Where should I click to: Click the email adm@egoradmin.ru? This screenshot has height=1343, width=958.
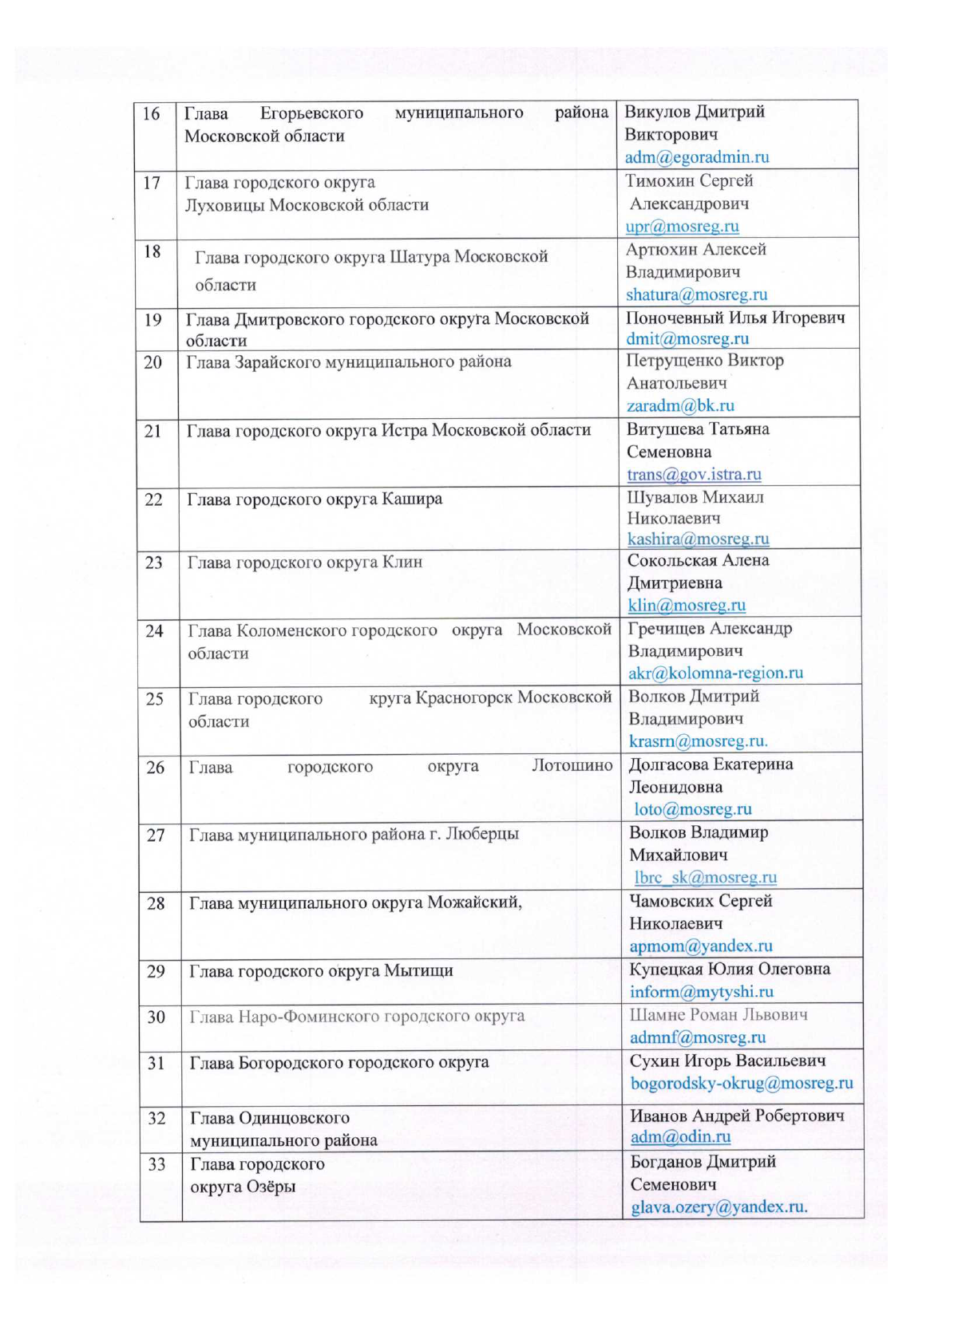pos(697,157)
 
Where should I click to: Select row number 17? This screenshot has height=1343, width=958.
pos(152,183)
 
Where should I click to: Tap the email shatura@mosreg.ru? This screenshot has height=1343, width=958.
pos(696,294)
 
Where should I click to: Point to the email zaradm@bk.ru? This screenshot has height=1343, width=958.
pos(680,405)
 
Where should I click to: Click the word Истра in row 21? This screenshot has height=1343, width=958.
pos(404,430)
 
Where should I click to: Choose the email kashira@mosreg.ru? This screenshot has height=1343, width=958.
pos(698,539)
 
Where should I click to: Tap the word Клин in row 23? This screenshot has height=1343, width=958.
pos(402,562)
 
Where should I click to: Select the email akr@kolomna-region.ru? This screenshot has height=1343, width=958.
pos(715,673)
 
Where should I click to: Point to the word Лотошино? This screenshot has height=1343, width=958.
pos(572,766)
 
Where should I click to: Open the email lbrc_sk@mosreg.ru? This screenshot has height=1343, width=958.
pos(705,877)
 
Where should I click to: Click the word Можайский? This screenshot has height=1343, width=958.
pos(474,903)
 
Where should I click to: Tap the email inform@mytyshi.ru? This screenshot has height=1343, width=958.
pos(701,992)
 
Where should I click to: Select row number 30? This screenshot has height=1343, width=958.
pos(156,1017)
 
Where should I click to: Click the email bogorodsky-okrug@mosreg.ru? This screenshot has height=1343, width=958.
pos(741,1083)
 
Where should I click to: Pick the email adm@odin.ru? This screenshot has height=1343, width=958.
pos(680,1136)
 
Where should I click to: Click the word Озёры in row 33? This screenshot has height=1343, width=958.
pos(271,1186)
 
